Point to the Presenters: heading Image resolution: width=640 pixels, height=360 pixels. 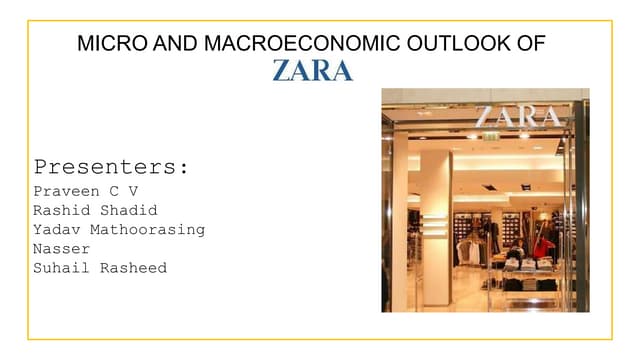coord(111,166)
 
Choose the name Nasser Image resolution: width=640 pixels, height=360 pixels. coord(61,248)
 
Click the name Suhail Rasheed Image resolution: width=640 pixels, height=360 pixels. coord(100,268)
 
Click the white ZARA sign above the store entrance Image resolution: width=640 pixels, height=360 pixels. coord(517,115)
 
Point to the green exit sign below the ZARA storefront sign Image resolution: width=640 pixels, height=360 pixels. coord(490,136)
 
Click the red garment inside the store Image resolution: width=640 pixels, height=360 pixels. coord(542,246)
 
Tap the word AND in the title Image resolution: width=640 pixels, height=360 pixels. coord(165,43)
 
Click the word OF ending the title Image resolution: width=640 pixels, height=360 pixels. coord(532,43)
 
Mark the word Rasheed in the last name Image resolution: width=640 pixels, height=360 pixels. coord(133,268)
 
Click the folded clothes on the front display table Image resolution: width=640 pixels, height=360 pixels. coord(527,264)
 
